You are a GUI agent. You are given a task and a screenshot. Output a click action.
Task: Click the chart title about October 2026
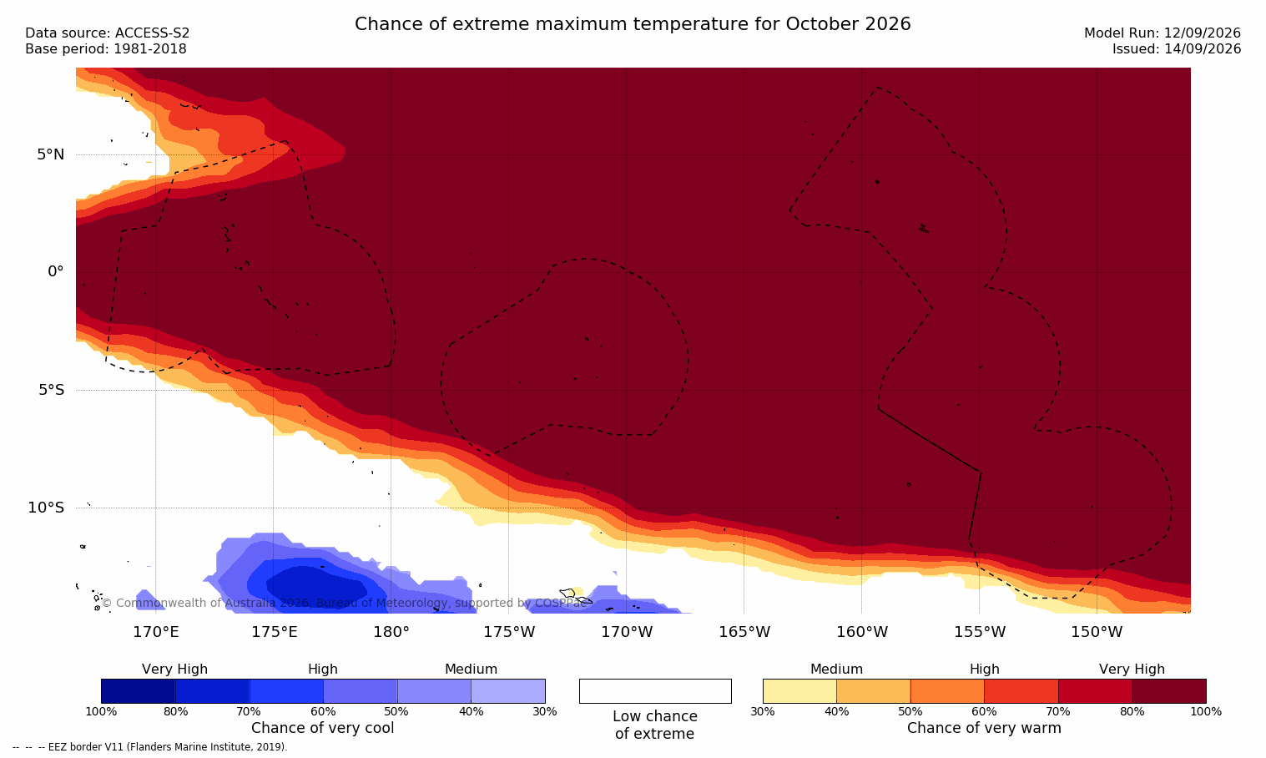click(x=633, y=24)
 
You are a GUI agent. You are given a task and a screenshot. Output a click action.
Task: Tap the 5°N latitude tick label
click(x=51, y=154)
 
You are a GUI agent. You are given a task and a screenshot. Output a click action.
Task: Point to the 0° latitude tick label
click(x=55, y=272)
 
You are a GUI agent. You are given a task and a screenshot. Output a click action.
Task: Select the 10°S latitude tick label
click(x=47, y=508)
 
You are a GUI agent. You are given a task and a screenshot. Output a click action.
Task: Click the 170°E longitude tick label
click(x=156, y=632)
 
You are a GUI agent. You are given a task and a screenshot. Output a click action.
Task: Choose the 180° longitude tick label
click(x=391, y=632)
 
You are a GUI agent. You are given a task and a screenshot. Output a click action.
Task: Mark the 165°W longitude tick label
click(x=744, y=632)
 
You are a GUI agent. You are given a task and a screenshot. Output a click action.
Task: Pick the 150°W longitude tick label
click(x=1097, y=632)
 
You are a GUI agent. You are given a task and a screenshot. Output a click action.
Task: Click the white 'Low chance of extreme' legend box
click(x=655, y=690)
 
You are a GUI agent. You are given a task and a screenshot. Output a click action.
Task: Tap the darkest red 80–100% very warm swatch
click(x=1169, y=690)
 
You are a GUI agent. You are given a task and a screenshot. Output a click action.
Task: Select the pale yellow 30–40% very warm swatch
click(x=799, y=690)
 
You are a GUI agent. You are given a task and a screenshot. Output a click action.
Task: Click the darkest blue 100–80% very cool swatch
click(x=139, y=690)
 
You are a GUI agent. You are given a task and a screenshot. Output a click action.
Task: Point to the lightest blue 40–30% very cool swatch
click(x=508, y=690)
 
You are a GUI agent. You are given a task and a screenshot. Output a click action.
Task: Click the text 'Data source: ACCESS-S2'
click(x=108, y=33)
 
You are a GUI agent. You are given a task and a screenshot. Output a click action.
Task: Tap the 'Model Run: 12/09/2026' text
click(x=1162, y=33)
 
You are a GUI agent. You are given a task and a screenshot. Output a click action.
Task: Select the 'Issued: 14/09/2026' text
click(x=1177, y=49)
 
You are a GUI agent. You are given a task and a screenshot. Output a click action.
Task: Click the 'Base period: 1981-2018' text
click(x=106, y=49)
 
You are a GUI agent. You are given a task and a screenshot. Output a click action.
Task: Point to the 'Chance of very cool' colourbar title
click(x=323, y=728)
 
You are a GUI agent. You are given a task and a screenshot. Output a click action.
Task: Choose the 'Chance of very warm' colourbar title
click(x=984, y=728)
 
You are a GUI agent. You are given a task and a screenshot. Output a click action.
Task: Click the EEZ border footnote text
click(x=149, y=747)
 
